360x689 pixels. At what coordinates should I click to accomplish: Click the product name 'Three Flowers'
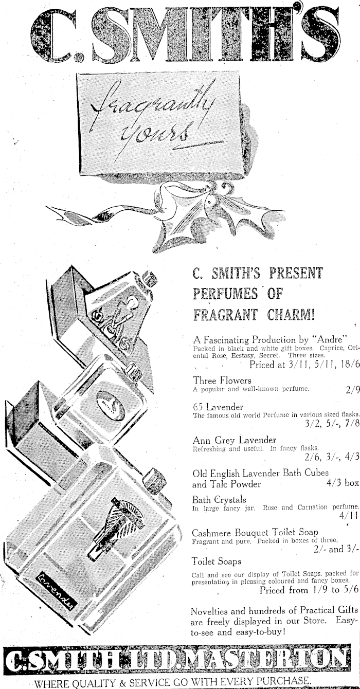pyautogui.click(x=222, y=380)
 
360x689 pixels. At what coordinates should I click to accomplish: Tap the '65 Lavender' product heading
pyautogui.click(x=218, y=407)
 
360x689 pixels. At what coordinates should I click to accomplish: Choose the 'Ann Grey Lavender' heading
pyautogui.click(x=234, y=440)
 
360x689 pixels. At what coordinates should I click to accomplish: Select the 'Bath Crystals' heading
pyautogui.click(x=219, y=500)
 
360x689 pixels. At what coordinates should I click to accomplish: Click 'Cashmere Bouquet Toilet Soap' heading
pyautogui.click(x=255, y=533)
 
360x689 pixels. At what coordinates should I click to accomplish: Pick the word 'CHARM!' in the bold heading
pyautogui.click(x=291, y=314)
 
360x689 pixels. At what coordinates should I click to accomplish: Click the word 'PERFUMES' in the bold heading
pyautogui.click(x=225, y=294)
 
